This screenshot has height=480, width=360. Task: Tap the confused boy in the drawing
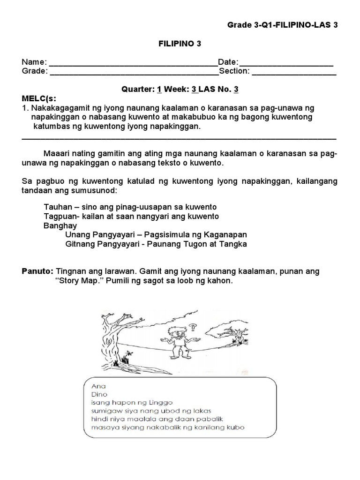tap(177, 343)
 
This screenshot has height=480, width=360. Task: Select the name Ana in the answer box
tap(89, 387)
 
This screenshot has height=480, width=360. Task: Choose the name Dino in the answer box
tap(90, 395)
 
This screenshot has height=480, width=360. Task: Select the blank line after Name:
tap(133, 63)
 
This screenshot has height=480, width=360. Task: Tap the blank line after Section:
tap(294, 72)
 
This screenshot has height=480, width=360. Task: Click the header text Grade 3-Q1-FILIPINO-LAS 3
tap(282, 25)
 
